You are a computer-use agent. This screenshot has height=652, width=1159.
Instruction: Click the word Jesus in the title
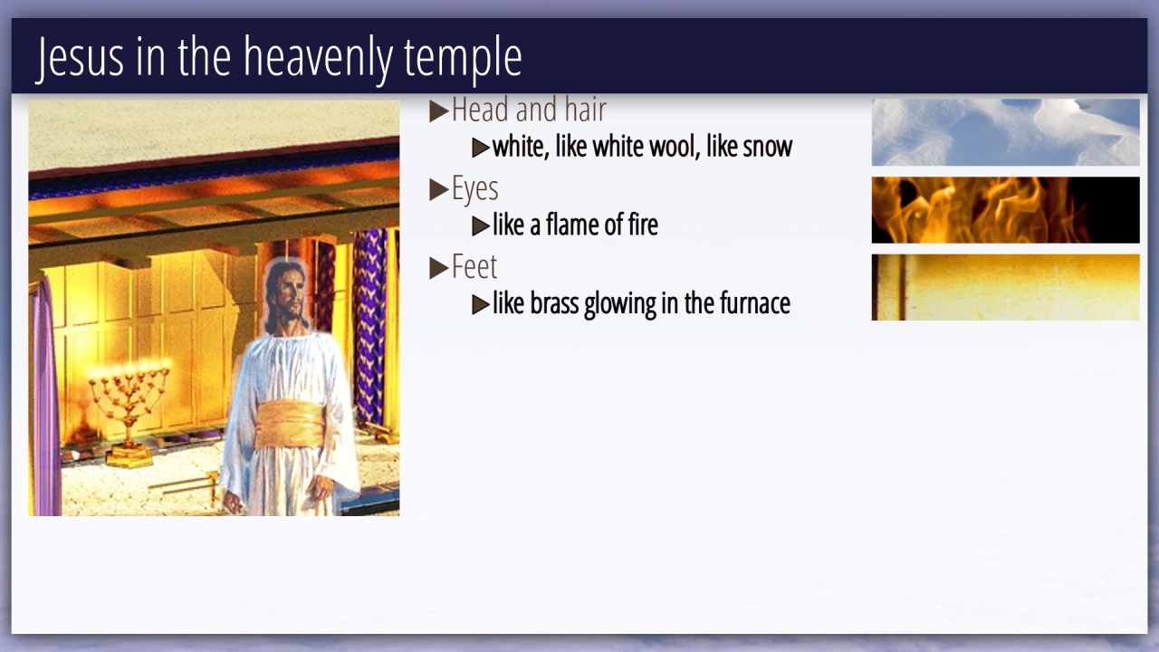coord(81,57)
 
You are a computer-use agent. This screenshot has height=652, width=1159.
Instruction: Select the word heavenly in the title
coord(318,59)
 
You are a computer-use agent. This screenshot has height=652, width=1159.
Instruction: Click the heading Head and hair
coord(529,110)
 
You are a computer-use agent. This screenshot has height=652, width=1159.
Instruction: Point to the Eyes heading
coord(475,189)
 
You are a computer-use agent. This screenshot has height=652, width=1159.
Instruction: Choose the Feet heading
coord(474,266)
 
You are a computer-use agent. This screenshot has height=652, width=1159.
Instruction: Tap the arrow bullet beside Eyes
coord(439,189)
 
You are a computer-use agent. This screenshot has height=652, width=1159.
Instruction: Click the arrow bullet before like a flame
coord(481,226)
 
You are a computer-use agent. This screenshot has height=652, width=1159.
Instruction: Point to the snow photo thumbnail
coord(1005,132)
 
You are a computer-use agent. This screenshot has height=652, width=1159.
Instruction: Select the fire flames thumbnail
coord(1005,210)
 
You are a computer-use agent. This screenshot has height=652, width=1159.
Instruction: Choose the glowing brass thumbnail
coord(1005,287)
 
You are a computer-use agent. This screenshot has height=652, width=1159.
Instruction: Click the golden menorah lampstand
coord(129,408)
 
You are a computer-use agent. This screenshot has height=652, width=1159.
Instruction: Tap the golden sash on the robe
coord(290,425)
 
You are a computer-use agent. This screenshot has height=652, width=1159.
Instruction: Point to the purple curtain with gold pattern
coord(369,326)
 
